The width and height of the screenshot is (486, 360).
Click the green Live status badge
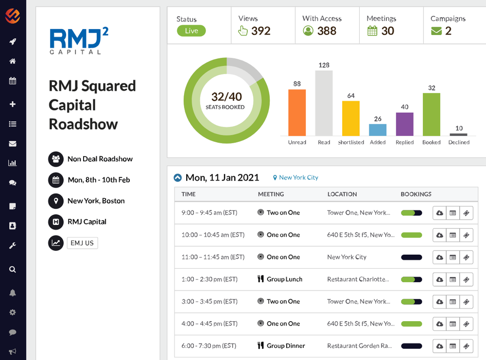[x=191, y=31]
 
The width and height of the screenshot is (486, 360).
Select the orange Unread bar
[x=297, y=113]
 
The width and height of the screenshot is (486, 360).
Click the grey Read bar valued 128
[x=324, y=103]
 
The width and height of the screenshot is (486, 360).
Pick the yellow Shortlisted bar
[x=351, y=118]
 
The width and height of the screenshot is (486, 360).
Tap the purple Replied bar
[x=404, y=124]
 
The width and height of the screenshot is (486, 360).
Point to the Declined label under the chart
[x=459, y=142]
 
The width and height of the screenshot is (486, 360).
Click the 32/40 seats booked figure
[x=226, y=97]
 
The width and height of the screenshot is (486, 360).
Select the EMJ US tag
[x=82, y=243]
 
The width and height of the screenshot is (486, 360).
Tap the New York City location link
[x=298, y=178]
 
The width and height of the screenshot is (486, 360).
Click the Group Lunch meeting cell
[x=284, y=279]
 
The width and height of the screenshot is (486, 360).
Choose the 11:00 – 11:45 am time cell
[x=213, y=257]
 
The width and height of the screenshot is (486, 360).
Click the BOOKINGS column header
[x=416, y=194]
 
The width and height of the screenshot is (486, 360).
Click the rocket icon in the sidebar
[x=13, y=41]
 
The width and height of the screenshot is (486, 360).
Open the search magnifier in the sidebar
[x=13, y=269]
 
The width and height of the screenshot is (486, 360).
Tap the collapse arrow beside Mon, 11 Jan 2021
[x=178, y=178]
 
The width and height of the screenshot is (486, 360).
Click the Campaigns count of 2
[x=448, y=31]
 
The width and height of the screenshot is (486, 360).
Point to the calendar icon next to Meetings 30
[x=372, y=31]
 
